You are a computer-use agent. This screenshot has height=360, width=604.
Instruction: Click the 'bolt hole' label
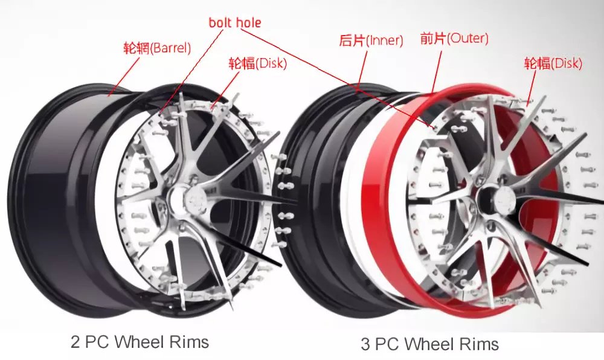click(235, 23)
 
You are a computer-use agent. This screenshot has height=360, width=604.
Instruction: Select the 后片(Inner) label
click(371, 41)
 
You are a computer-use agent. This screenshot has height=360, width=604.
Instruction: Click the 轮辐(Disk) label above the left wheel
click(257, 63)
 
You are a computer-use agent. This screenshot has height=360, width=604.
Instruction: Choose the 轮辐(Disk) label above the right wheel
click(553, 63)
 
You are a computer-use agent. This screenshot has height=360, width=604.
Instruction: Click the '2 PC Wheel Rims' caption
click(140, 342)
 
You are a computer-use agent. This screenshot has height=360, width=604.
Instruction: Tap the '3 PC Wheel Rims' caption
click(429, 344)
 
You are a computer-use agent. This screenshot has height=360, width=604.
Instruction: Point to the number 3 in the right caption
click(365, 344)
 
